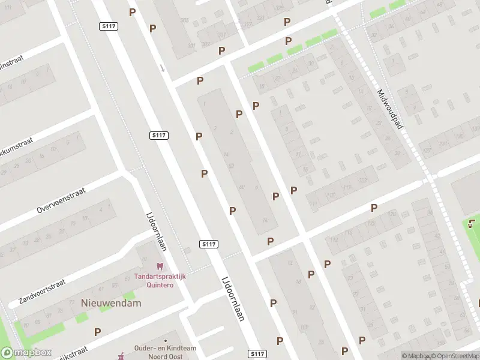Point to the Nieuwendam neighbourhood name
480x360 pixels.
click(x=111, y=303)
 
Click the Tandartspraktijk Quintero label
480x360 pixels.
click(x=160, y=281)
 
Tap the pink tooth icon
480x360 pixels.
click(x=160, y=266)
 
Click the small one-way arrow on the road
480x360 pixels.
click(x=161, y=67)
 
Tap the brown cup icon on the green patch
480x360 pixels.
click(x=472, y=225)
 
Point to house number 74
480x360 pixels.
click(x=265, y=220)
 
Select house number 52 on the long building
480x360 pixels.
click(x=231, y=166)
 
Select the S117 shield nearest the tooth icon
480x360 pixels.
click(x=208, y=244)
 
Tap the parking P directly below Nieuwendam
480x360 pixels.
click(x=98, y=332)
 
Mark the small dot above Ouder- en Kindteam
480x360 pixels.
click(x=166, y=341)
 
